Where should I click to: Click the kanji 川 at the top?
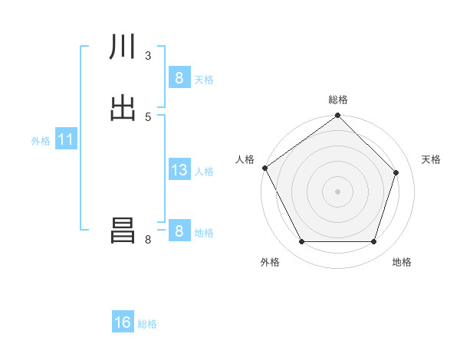click(123, 47)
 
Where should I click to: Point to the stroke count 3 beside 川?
click(147, 55)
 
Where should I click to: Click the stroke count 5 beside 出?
click(147, 116)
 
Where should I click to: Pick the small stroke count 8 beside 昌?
click(147, 240)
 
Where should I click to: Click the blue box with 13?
click(179, 170)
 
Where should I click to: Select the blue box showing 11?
click(65, 140)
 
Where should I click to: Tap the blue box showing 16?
click(123, 322)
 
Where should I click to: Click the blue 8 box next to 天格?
click(179, 78)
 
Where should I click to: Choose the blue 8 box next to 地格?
click(179, 231)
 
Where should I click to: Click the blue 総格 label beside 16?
click(147, 324)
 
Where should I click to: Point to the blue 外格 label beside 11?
click(41, 141)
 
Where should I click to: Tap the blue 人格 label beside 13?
click(204, 172)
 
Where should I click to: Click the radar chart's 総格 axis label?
click(338, 100)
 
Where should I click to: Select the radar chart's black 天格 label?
click(431, 159)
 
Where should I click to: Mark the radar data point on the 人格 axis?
click(264, 168)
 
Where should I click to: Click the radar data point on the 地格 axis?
click(373, 242)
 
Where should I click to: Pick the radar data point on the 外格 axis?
click(301, 242)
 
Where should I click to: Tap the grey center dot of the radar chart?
click(337, 191)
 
